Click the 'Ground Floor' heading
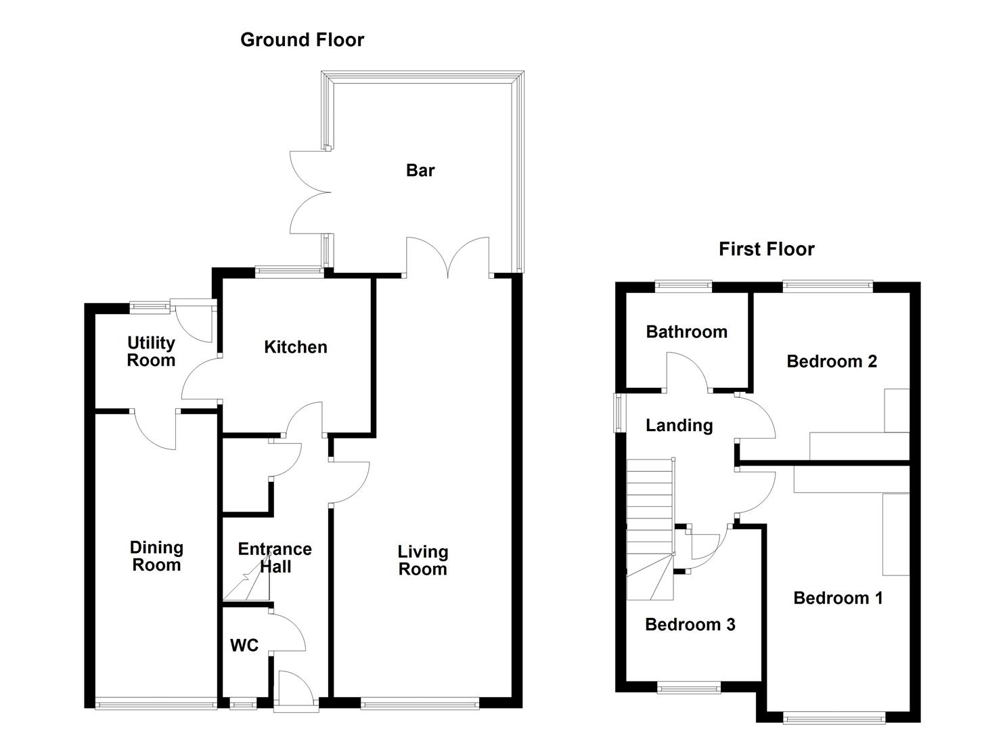tap(302, 40)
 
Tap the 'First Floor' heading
tap(766, 249)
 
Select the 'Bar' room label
tap(420, 171)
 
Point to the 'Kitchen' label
tap(296, 347)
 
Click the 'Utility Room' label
tap(151, 351)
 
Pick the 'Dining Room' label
tap(156, 556)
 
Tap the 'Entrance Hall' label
tap(275, 558)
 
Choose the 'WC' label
tap(244, 646)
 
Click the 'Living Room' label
tap(422, 560)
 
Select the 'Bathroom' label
tap(686, 332)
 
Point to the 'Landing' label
tap(679, 425)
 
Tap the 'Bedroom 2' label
tap(832, 361)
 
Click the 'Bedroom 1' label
tap(838, 598)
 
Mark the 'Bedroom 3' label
tap(690, 624)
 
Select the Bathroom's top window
tap(684, 287)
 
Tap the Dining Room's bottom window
tap(156, 704)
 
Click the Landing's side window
tap(619, 413)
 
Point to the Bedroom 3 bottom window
tap(689, 688)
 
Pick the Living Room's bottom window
tap(420, 704)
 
